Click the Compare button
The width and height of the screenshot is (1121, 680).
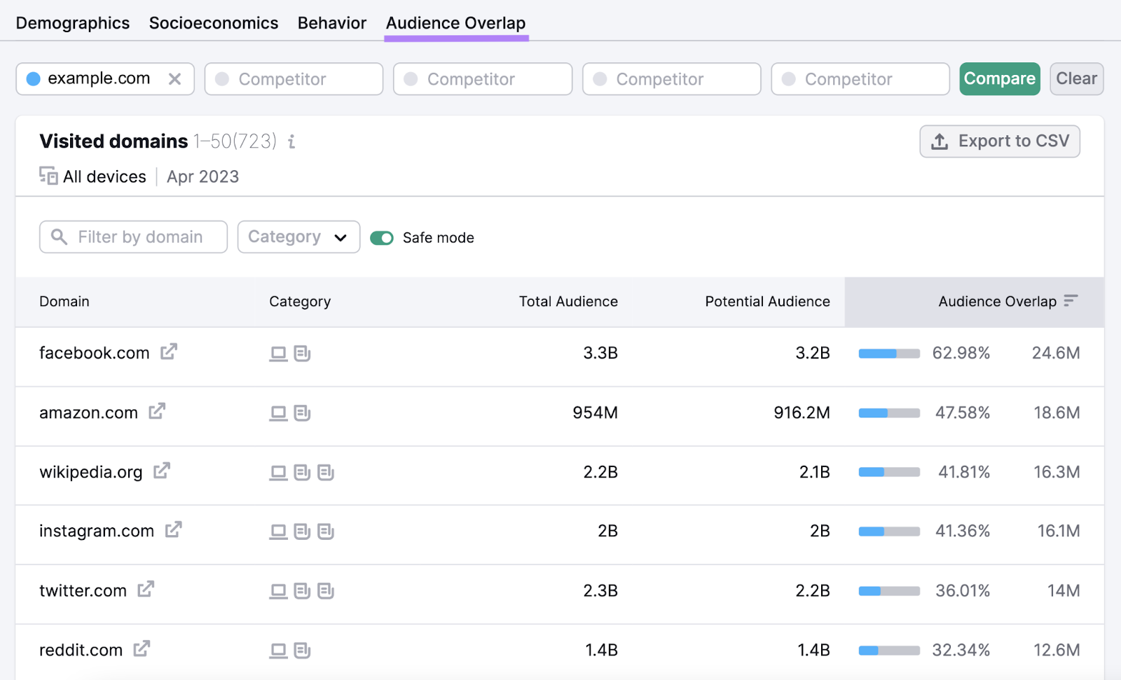coord(999,79)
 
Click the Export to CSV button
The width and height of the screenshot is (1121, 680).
coord(999,141)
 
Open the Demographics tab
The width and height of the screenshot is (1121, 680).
coord(73,23)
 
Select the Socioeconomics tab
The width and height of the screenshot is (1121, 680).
coord(214,23)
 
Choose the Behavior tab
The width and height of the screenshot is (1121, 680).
coord(332,23)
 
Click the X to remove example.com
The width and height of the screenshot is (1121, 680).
coord(175,79)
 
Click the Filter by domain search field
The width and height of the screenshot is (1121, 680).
coord(134,237)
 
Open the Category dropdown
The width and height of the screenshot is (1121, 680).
coord(298,237)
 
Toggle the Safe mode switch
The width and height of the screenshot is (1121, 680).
coord(382,238)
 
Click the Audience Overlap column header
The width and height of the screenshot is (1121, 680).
coord(997,302)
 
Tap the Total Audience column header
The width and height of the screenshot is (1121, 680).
coord(568,302)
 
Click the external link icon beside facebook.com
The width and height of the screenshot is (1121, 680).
coord(169,352)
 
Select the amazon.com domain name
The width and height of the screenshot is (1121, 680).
coord(88,413)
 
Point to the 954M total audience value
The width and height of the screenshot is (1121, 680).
coord(595,413)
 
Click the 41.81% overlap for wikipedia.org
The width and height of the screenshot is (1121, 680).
coord(964,473)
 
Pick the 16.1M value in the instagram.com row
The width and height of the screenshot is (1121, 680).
coord(1058,532)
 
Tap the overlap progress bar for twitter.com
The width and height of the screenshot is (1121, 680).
coord(889,591)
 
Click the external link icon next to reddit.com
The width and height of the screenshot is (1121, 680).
coord(142,649)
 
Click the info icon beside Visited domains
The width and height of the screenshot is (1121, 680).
coord(291,142)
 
